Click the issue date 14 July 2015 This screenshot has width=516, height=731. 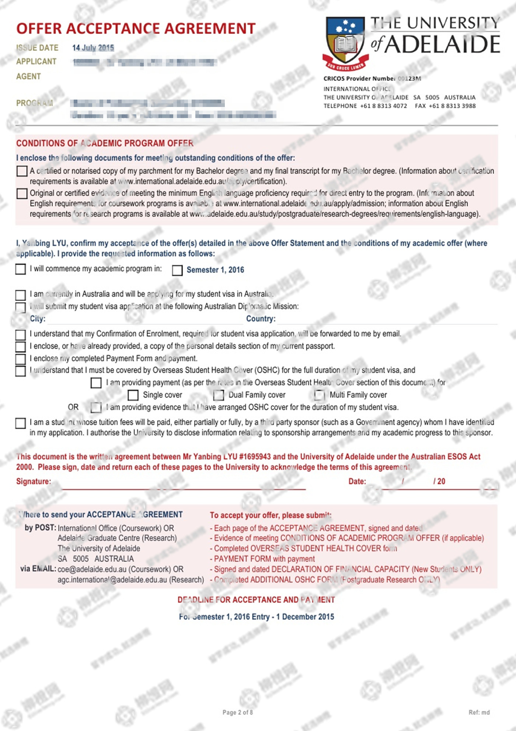pyautogui.click(x=93, y=48)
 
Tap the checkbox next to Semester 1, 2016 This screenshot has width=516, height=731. pyautogui.click(x=177, y=270)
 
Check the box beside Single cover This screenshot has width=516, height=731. pyautogui.click(x=133, y=395)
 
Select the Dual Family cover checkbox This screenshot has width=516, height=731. pyautogui.click(x=219, y=395)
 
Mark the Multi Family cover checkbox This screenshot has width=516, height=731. pyautogui.click(x=319, y=395)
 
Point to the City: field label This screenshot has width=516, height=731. pyautogui.click(x=38, y=319)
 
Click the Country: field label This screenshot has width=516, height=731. pyautogui.click(x=261, y=319)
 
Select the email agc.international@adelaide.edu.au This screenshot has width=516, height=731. pyautogui.click(x=112, y=580)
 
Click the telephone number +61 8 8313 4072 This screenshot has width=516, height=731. pyautogui.click(x=384, y=106)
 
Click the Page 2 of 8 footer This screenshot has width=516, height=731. pyautogui.click(x=238, y=712)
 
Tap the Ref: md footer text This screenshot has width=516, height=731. pyautogui.click(x=479, y=712)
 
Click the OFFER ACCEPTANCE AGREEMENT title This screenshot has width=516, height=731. pyautogui.click(x=136, y=29)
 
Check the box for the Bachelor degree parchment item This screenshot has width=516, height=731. pyautogui.click(x=22, y=171)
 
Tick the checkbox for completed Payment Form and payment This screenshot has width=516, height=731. pyautogui.click(x=20, y=358)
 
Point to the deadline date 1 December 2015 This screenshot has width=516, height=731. pyautogui.click(x=305, y=617)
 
